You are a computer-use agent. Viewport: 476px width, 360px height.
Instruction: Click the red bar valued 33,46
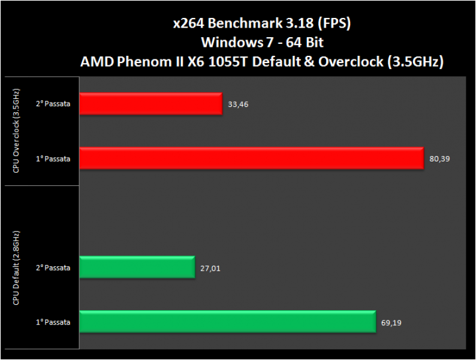click(x=150, y=104)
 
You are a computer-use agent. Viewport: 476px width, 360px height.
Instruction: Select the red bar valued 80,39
click(x=251, y=158)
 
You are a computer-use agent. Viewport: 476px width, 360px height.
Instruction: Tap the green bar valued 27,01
click(x=137, y=268)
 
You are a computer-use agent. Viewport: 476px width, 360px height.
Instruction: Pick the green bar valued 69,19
click(x=227, y=322)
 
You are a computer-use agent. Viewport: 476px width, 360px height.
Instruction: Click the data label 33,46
click(x=238, y=104)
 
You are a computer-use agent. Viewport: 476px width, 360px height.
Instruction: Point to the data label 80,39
click(x=439, y=159)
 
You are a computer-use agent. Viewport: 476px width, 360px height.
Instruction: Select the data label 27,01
click(x=210, y=268)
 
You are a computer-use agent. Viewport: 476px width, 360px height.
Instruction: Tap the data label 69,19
click(x=391, y=322)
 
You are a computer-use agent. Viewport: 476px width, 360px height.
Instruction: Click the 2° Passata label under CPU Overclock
click(x=53, y=104)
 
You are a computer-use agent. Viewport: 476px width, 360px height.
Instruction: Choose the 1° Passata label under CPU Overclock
click(x=53, y=158)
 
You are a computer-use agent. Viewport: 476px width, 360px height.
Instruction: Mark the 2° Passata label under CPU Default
click(x=53, y=268)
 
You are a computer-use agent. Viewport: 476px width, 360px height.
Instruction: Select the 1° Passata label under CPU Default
click(x=53, y=322)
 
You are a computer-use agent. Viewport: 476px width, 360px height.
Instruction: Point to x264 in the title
click(x=186, y=24)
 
